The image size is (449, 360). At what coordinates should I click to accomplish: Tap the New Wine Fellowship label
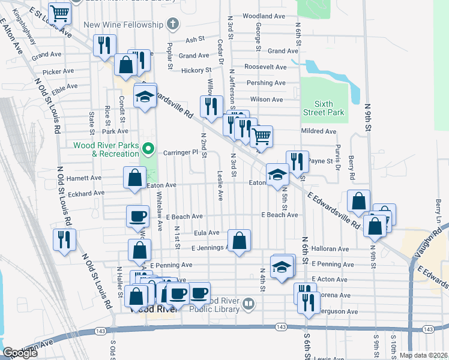point(124,25)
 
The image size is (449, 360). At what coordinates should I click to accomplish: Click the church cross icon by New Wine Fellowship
point(173,25)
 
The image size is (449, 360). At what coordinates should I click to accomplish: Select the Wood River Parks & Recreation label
point(106,149)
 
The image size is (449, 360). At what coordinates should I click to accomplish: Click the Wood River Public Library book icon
point(248,305)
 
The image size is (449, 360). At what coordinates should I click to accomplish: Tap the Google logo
point(20,353)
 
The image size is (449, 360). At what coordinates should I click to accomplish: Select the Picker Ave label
point(58,71)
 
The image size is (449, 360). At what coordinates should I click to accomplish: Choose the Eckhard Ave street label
point(85,193)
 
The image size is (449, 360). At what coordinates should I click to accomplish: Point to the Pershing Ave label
point(267,83)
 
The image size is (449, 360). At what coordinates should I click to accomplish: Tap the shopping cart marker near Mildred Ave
point(261,136)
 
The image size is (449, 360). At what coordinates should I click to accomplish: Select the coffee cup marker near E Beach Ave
point(137,216)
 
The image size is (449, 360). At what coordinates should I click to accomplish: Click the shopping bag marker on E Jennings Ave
point(239,241)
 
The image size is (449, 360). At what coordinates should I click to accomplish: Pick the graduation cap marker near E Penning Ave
point(282,266)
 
